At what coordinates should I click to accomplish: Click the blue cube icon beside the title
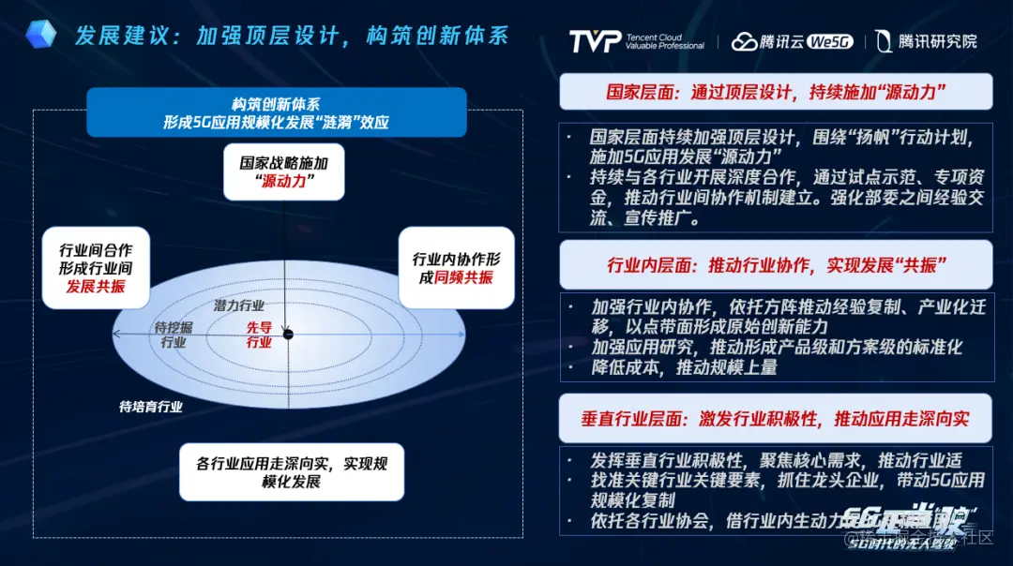(x=40, y=35)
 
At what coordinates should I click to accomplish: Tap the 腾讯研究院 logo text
(x=926, y=41)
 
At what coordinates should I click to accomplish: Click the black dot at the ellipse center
(x=288, y=335)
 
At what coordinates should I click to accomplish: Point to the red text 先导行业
(x=259, y=335)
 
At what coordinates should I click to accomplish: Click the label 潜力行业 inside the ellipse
(x=238, y=305)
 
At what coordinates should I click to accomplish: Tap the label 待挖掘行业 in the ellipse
(x=174, y=335)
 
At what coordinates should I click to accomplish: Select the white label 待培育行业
(x=150, y=407)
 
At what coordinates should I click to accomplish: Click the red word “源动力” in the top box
(x=284, y=181)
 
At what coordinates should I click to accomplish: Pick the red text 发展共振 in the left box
(x=96, y=286)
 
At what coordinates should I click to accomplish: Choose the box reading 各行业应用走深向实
(x=292, y=471)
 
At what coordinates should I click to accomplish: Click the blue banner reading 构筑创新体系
(x=276, y=112)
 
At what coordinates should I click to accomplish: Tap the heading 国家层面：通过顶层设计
(x=776, y=92)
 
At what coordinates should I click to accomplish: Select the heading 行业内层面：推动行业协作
(x=776, y=265)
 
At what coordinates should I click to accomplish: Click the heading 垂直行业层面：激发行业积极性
(x=776, y=419)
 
